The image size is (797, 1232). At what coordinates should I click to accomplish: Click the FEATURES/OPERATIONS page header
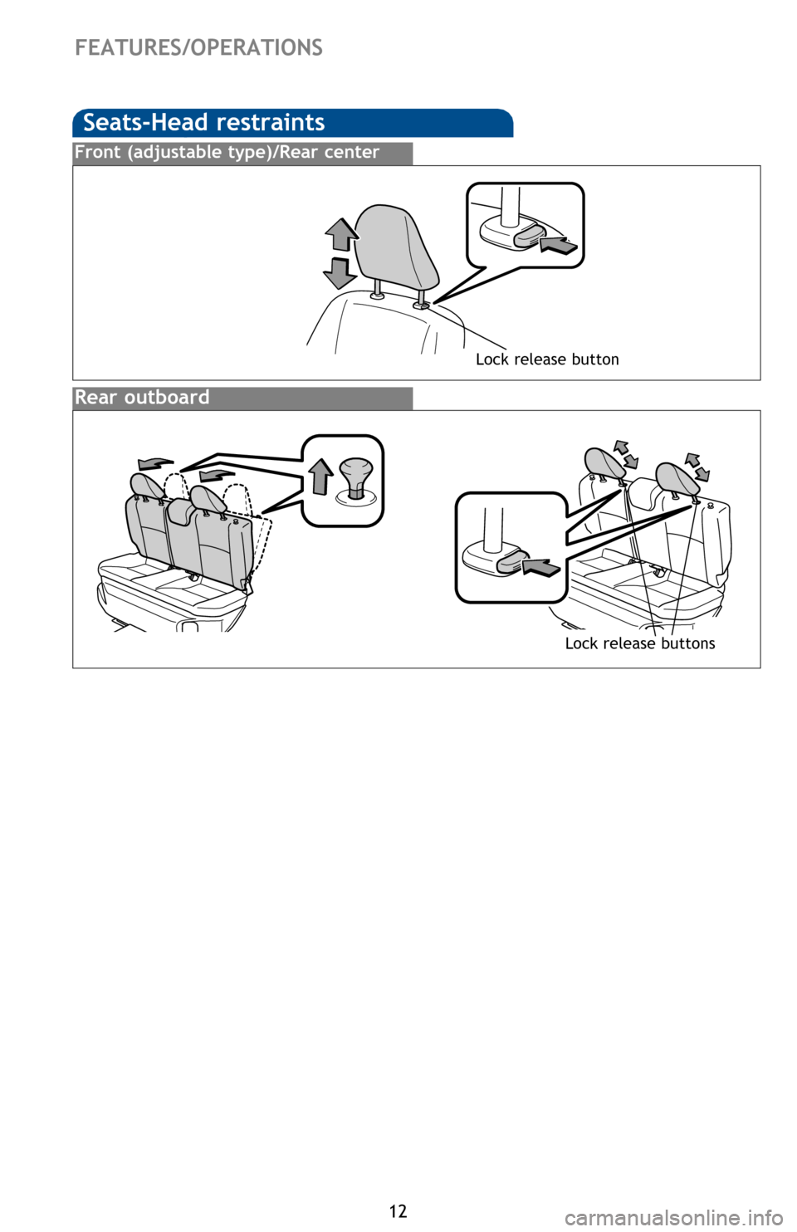pos(198,48)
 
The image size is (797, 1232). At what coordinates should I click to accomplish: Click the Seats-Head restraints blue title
pos(203,122)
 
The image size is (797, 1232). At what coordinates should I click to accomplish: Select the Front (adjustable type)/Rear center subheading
pos(227,153)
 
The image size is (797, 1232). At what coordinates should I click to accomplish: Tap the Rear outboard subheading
pos(142,397)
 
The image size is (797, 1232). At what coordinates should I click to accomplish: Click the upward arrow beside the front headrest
pos(341,235)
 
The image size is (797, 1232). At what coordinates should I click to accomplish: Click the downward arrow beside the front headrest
pos(340,273)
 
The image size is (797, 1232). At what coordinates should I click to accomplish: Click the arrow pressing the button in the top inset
pos(559,244)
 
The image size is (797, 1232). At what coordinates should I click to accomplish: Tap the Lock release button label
pos(547,359)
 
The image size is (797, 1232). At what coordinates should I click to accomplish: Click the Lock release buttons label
pos(640,643)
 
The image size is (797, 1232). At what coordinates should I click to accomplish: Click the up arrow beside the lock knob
pos(321,477)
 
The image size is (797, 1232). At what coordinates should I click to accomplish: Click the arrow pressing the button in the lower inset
pos(540,567)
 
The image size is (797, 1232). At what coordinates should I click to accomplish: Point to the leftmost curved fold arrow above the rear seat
pos(155,463)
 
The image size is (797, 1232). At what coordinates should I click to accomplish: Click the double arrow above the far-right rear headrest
pos(697,467)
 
